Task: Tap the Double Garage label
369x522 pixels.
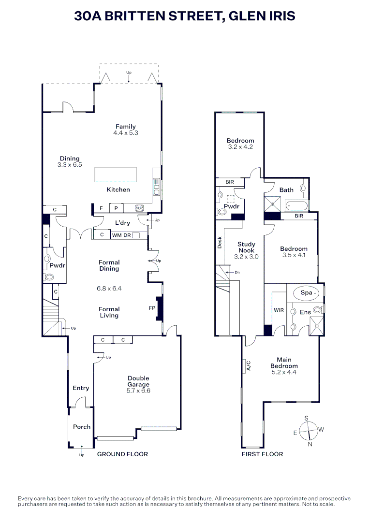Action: click(x=138, y=381)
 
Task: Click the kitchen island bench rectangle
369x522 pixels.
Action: click(x=116, y=174)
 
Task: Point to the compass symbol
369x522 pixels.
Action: click(x=308, y=429)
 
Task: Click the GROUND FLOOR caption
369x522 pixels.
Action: click(x=122, y=454)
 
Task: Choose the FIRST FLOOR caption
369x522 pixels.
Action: click(x=262, y=454)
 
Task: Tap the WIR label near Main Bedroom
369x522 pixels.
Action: click(x=279, y=310)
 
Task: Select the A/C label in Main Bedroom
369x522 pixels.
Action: click(x=249, y=366)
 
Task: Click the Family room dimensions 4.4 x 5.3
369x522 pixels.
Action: click(x=125, y=133)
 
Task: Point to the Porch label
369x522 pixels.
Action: click(x=82, y=427)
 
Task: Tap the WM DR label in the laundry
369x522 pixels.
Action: click(x=121, y=235)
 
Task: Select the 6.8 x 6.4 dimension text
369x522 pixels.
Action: click(x=109, y=289)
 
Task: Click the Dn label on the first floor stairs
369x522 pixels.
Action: click(x=237, y=273)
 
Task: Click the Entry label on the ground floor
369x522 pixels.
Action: click(x=81, y=388)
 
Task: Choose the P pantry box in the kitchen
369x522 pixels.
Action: click(x=116, y=208)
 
